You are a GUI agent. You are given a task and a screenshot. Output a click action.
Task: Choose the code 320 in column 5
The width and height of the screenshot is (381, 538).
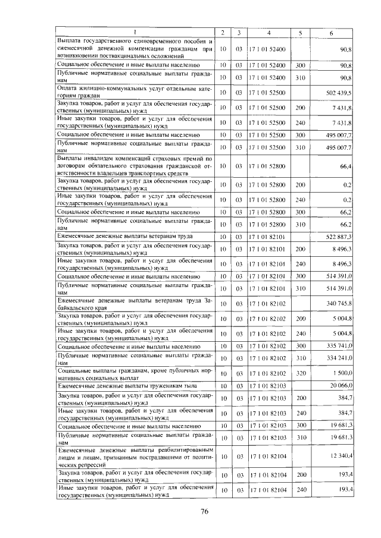300,373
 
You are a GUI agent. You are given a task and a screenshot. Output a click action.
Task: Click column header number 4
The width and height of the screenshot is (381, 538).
269,32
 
